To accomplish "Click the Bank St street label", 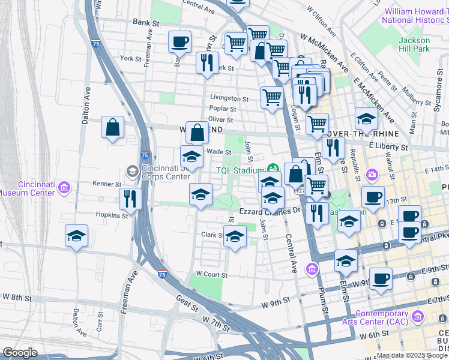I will click(x=146, y=22).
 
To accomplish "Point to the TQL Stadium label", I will click(x=240, y=170).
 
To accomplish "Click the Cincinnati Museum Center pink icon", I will click(x=64, y=189).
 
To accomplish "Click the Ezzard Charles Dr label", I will click(x=270, y=211).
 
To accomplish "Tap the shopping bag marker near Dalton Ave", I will click(x=112, y=127).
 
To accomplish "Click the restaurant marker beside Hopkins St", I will click(x=130, y=199).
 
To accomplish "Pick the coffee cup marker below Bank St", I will click(x=179, y=42).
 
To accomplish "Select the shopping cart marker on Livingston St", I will click(x=272, y=97).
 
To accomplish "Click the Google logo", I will click(x=20, y=353).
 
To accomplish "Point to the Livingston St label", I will click(x=229, y=98).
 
